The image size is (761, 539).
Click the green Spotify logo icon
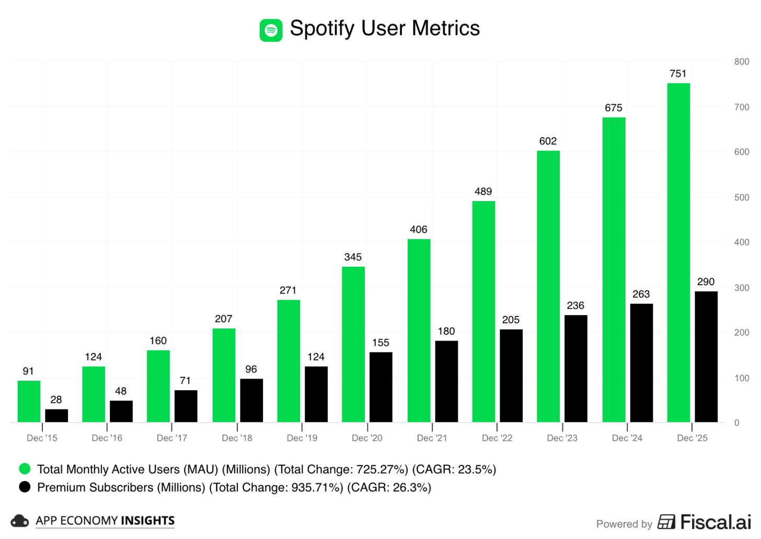[x=271, y=30]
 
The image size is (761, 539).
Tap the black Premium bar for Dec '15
[x=56, y=415]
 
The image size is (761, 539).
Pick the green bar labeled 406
[x=419, y=330]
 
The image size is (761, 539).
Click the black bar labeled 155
[x=380, y=387]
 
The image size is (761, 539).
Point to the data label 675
[x=613, y=108]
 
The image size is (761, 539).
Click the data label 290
[x=705, y=282]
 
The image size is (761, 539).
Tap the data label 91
[x=28, y=371]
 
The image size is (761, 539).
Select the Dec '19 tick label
[x=302, y=438]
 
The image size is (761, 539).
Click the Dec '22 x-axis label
[x=497, y=438]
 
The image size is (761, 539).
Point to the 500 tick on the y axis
[x=741, y=197]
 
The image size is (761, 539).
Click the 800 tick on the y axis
[x=741, y=62]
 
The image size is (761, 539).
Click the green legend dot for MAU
[x=25, y=468]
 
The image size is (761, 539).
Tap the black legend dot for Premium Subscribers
[x=25, y=487]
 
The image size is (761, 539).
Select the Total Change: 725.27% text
[x=341, y=469]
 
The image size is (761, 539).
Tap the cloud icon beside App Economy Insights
[x=19, y=521]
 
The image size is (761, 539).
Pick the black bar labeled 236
[x=575, y=368]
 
